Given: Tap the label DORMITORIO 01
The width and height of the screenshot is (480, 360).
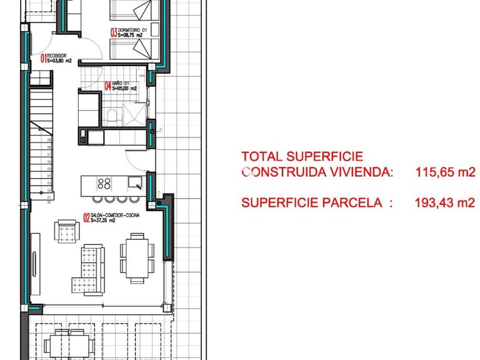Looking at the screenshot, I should click(x=132, y=29).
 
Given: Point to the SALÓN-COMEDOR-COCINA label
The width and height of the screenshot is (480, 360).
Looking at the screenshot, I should click(x=116, y=215).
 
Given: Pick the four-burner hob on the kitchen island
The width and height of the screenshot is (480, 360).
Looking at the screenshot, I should click(x=104, y=184).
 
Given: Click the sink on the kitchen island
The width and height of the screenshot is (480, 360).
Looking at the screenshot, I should click(x=135, y=182).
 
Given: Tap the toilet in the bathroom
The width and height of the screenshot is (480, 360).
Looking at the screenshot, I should click(x=111, y=116).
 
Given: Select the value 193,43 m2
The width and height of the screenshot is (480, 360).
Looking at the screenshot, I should click(x=445, y=202).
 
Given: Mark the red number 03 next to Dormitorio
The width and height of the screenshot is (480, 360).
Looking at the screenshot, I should click(x=114, y=32).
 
